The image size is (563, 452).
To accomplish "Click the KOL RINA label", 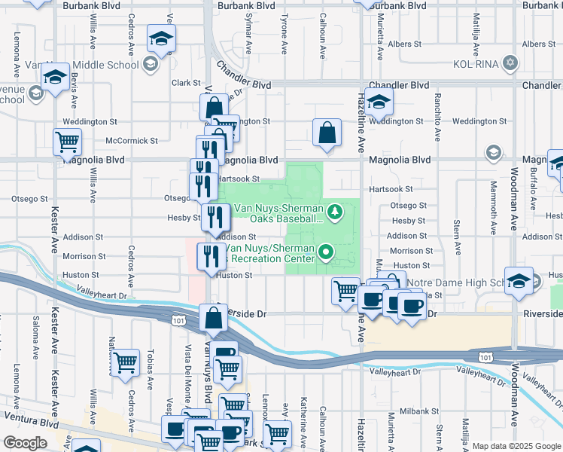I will pyautogui.click(x=477, y=63).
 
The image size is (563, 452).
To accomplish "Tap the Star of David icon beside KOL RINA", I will pyautogui.click(x=510, y=63).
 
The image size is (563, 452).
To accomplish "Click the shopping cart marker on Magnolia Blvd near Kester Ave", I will pyautogui.click(x=67, y=141).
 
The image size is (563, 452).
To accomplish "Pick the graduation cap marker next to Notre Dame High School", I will pyautogui.click(x=519, y=281).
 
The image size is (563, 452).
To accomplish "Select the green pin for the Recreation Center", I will pyautogui.click(x=325, y=252).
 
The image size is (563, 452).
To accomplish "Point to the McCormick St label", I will pyautogui.click(x=132, y=140).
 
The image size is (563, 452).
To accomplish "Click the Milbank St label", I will pyautogui.click(x=414, y=411).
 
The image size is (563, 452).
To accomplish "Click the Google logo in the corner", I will pyautogui.click(x=24, y=443).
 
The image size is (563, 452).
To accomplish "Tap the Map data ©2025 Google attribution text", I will pyautogui.click(x=516, y=446).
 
